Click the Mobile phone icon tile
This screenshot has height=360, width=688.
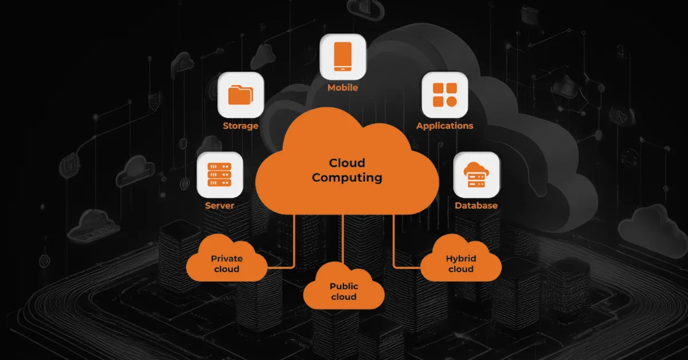(343, 57)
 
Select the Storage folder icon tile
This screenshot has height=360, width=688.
(241, 95)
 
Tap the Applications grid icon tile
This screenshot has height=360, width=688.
(445, 95)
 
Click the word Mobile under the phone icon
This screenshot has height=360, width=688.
(343, 88)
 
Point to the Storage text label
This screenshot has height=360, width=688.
(241, 126)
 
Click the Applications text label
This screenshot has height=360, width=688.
(445, 126)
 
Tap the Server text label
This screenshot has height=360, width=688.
(220, 205)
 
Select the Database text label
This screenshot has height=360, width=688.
(476, 205)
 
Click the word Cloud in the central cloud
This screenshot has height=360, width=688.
(347, 163)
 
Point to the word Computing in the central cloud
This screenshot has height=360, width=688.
(347, 178)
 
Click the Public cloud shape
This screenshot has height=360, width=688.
(343, 289)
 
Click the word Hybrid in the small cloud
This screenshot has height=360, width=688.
(461, 259)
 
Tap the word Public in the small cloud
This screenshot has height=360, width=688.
(344, 286)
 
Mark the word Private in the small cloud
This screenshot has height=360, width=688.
(226, 259)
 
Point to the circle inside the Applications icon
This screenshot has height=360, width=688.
(451, 101)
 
